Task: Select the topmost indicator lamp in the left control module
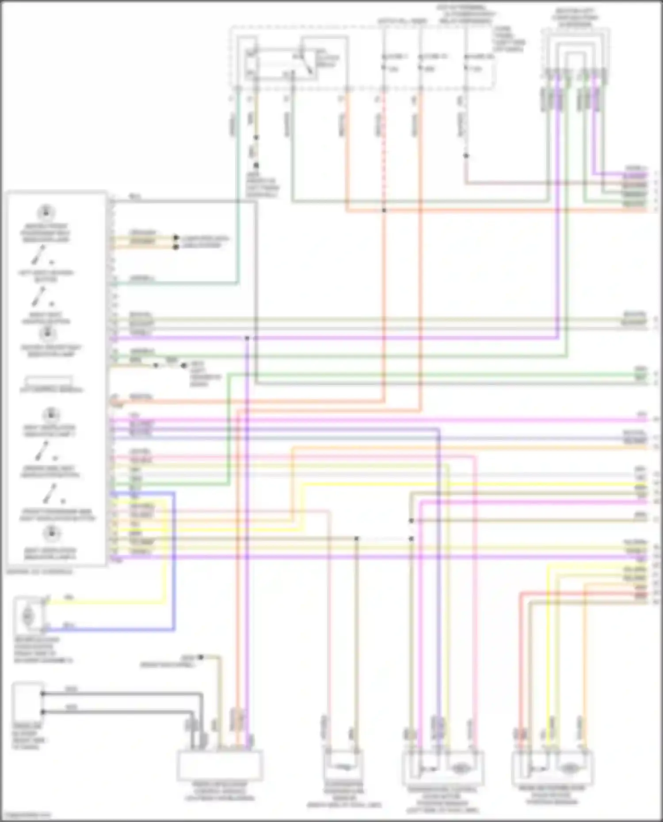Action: pos(46,212)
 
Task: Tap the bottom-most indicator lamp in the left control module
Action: pos(51,534)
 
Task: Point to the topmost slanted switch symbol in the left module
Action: pos(39,254)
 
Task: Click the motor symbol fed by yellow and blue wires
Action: pos(28,614)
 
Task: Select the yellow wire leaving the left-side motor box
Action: pos(106,600)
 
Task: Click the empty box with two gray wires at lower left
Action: pos(27,702)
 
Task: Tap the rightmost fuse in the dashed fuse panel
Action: pos(466,62)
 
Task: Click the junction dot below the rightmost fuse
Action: pos(466,156)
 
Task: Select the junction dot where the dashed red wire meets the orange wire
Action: pos(384,210)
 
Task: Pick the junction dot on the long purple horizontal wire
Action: pos(247,338)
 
